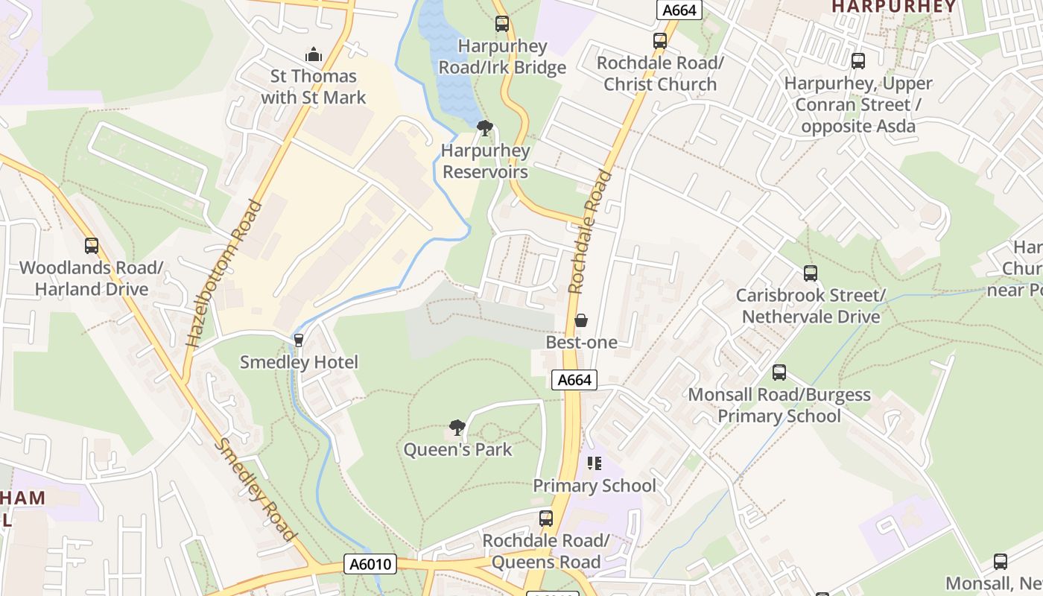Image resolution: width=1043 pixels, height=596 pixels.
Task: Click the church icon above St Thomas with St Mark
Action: (x=314, y=54)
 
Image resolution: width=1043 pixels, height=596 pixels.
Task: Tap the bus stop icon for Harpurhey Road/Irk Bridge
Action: (x=502, y=24)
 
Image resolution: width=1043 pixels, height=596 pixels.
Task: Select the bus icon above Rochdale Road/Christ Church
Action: (x=660, y=41)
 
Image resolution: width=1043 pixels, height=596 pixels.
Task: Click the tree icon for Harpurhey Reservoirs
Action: (x=484, y=128)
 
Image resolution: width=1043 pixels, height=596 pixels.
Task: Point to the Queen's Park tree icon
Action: (x=457, y=428)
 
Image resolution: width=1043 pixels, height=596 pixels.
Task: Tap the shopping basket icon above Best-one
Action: (x=581, y=320)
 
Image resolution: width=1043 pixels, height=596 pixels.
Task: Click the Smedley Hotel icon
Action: (x=299, y=340)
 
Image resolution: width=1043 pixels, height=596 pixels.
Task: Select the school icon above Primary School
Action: (x=594, y=463)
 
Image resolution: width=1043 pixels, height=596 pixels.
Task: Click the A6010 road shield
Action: (x=370, y=564)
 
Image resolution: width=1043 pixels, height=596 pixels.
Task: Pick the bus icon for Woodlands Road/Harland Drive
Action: (x=92, y=246)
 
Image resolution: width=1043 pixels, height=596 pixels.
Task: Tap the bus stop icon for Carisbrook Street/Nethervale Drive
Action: (x=811, y=273)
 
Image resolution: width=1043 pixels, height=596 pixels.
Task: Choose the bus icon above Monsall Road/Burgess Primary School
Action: (x=779, y=372)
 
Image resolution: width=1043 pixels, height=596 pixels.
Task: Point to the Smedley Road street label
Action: (x=256, y=489)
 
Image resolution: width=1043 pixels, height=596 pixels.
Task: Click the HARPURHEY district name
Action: (x=893, y=7)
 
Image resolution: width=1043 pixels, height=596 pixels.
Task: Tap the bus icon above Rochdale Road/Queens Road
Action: (x=546, y=519)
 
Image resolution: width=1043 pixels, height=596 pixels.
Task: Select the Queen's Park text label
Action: (x=457, y=449)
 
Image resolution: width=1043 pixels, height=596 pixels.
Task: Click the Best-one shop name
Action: (x=581, y=342)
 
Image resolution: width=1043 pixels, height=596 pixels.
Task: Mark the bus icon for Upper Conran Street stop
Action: (x=858, y=61)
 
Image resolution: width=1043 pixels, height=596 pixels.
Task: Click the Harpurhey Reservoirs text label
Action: (x=485, y=161)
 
